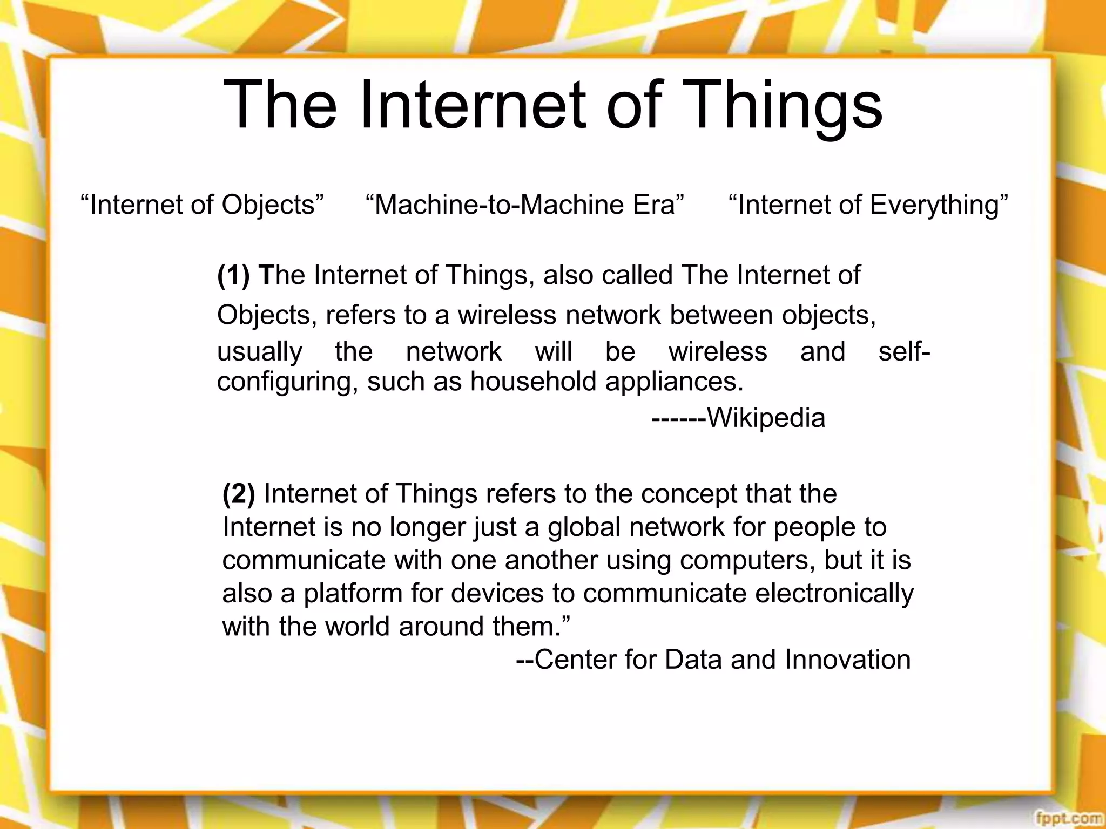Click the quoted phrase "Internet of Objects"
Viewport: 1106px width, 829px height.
[202, 205]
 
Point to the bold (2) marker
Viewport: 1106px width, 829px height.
[239, 494]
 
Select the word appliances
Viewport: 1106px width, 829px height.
[674, 382]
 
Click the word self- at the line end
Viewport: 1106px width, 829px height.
[903, 352]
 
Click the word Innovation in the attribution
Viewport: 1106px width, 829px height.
[847, 660]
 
